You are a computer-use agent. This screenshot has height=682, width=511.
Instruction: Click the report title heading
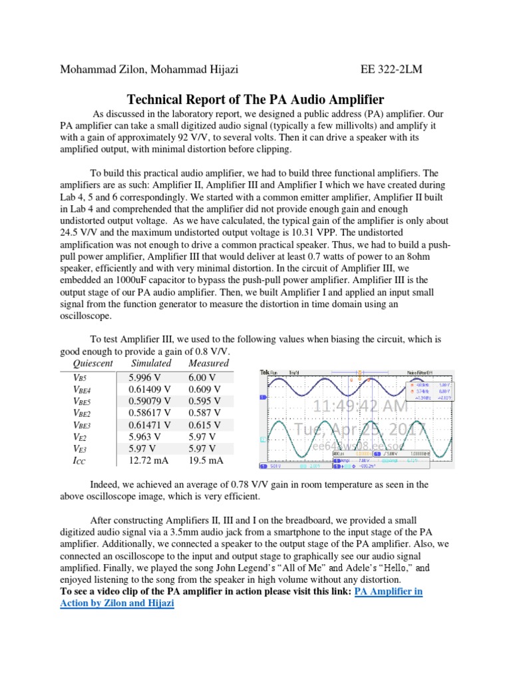pyautogui.click(x=255, y=100)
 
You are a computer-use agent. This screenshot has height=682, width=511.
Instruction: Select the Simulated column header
pyautogui.click(x=151, y=364)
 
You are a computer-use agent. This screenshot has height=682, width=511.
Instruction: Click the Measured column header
pyautogui.click(x=208, y=364)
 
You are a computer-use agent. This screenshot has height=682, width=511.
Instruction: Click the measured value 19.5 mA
pyautogui.click(x=206, y=460)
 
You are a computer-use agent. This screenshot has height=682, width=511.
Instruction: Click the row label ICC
pyautogui.click(x=79, y=460)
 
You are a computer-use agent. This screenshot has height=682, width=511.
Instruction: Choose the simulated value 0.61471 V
pyautogui.click(x=151, y=425)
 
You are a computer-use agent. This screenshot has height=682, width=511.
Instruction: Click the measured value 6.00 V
pyautogui.click(x=203, y=377)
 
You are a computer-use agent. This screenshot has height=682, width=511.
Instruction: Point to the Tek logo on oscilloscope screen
pyautogui.click(x=264, y=372)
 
